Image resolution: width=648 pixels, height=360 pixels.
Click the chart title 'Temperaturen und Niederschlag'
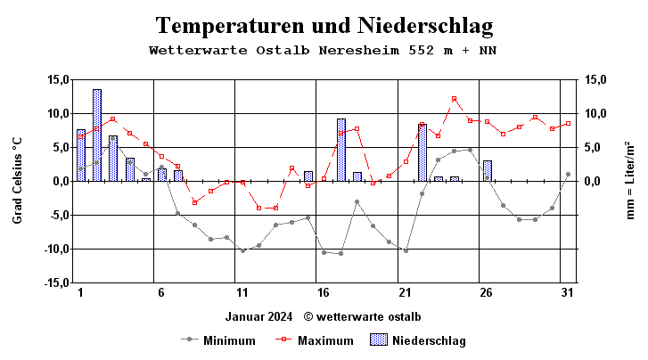(324, 24)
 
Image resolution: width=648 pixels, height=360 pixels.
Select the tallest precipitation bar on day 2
(96, 135)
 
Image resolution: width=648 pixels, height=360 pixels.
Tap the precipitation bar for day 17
(340, 150)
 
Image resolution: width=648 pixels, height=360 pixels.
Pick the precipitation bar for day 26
(487, 170)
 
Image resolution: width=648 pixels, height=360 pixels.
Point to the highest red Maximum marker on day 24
(454, 99)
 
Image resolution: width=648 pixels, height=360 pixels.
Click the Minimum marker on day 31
(568, 174)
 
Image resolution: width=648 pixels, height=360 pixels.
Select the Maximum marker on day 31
(568, 124)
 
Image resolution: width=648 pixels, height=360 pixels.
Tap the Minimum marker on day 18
(357, 201)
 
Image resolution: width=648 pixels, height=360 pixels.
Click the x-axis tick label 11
(242, 292)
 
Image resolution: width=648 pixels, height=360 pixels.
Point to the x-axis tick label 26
(486, 292)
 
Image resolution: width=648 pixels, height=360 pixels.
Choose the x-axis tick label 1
(80, 292)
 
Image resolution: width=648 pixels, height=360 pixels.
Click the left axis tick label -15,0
(55, 282)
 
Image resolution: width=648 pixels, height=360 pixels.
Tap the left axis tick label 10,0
(58, 113)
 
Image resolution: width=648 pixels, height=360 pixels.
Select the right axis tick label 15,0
(595, 79)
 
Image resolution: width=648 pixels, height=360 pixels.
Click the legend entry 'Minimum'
(229, 340)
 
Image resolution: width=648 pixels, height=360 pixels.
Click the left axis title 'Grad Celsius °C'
(17, 181)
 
